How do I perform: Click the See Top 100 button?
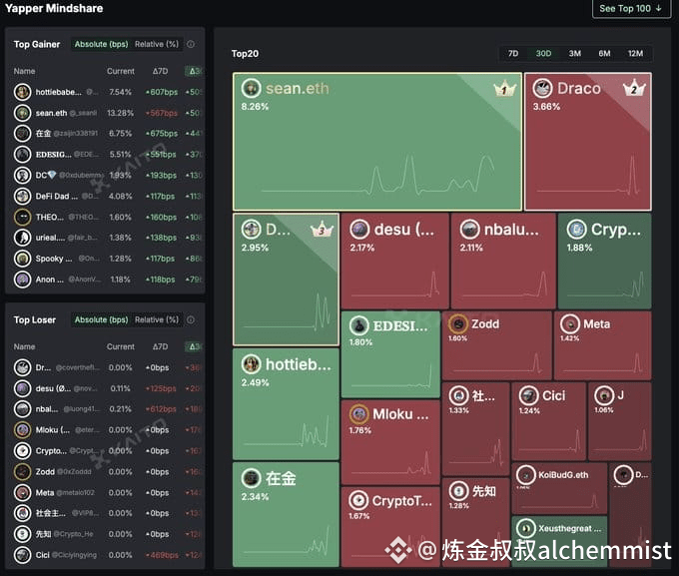[x=633, y=9]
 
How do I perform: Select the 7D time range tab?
[x=512, y=53]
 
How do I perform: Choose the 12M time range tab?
[x=635, y=53]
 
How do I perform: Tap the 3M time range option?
[x=574, y=53]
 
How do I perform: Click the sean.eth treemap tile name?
[x=297, y=88]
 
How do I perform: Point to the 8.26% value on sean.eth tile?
[x=256, y=106]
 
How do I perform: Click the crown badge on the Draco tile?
[x=634, y=89]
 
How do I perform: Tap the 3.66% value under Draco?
[x=546, y=107]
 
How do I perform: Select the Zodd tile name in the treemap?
[x=485, y=323]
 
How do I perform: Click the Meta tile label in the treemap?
[x=596, y=323]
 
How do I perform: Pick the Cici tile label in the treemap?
[x=553, y=395]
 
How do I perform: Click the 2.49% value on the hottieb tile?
[x=255, y=382]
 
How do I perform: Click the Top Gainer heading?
[x=37, y=44]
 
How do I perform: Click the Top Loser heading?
[x=35, y=319]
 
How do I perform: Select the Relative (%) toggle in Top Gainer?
[x=157, y=44]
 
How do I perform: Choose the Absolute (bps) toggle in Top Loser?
[x=102, y=319]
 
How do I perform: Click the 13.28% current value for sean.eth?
[x=120, y=113]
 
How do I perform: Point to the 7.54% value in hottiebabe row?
[x=120, y=92]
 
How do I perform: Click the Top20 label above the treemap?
[x=245, y=54]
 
